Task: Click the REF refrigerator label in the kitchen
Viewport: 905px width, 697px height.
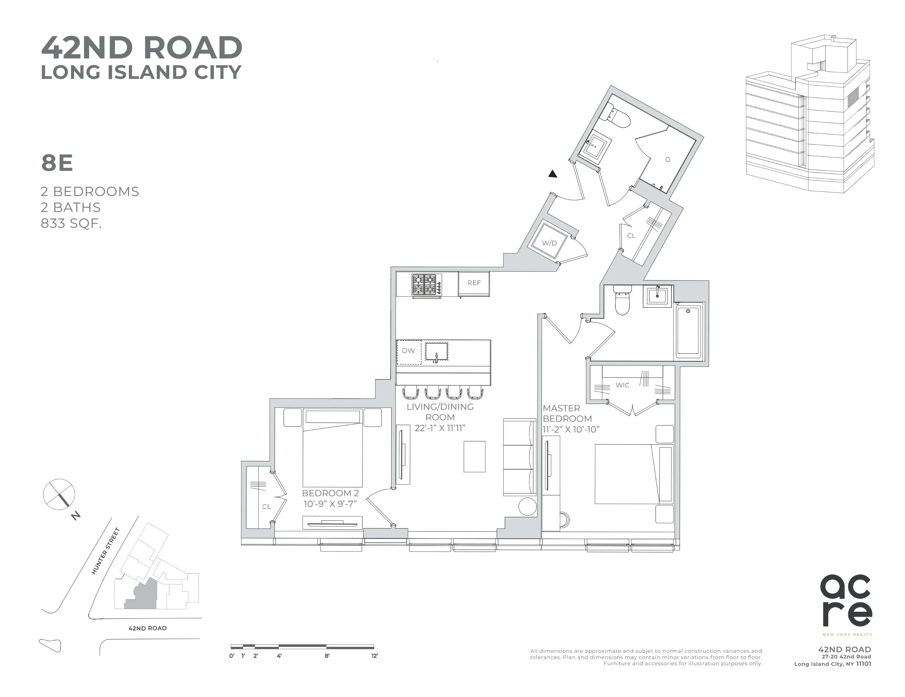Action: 474,283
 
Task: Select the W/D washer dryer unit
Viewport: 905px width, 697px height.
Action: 550,242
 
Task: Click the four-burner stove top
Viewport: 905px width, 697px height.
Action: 426,285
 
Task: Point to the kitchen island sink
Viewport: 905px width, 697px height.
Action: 436,352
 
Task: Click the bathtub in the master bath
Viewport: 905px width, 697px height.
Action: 688,331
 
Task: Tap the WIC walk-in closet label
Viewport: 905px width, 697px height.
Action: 622,385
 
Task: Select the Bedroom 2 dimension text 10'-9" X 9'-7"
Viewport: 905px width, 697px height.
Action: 330,504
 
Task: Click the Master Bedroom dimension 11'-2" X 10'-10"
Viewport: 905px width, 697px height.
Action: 571,430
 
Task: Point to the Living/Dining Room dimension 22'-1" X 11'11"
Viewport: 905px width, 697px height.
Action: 440,428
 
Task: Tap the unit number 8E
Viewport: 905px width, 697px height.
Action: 57,163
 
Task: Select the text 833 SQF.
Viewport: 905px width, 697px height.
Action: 71,224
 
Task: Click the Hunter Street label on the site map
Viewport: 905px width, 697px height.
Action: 106,551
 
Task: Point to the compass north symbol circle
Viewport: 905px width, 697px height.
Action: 59,494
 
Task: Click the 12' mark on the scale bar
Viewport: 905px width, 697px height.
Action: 374,655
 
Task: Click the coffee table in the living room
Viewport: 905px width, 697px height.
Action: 474,456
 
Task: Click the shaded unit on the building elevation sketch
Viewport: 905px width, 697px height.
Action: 852,97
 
